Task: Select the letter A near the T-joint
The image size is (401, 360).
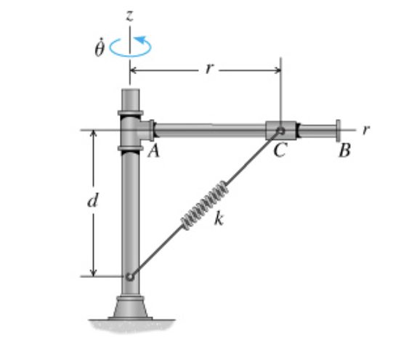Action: point(153,152)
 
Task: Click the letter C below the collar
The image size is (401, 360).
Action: point(280,152)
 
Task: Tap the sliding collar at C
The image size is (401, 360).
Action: point(282,131)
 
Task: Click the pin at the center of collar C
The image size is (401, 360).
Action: point(280,131)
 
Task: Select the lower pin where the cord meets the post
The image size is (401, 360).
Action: point(129,277)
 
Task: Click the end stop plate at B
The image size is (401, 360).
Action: point(338,131)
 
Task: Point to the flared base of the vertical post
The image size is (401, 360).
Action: point(130,308)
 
